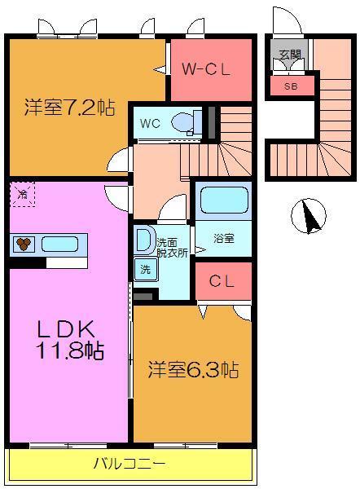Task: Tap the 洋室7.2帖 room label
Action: pos(68,107)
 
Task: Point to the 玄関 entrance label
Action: pos(290,55)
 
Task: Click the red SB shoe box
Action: pos(290,85)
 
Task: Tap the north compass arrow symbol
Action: pos(310,216)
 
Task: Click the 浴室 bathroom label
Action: pos(223,239)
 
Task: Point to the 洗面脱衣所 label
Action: pos(172,247)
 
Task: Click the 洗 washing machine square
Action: pos(144,269)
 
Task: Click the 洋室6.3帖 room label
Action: pos(192,370)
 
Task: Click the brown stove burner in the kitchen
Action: pos(24,243)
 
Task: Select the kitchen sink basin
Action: pos(60,243)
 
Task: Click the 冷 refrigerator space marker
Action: pos(23,194)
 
